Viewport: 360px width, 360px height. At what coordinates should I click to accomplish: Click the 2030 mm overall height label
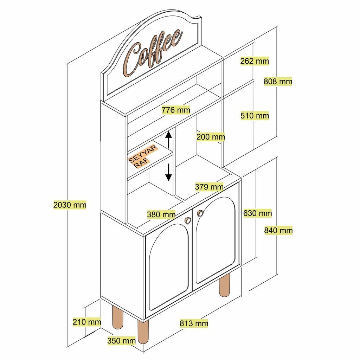(x=70, y=204)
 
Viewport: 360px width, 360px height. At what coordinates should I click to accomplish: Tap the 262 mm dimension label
(x=255, y=61)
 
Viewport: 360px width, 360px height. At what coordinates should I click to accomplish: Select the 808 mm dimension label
(x=278, y=82)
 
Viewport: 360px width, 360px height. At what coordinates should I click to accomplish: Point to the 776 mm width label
(x=176, y=110)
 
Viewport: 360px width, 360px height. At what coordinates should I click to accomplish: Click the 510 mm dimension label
(x=255, y=116)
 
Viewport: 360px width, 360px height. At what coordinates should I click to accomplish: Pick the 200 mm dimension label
(x=211, y=137)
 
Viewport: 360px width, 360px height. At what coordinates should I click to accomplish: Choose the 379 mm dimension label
(x=209, y=186)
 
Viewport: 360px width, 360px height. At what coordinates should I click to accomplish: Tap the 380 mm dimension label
(x=161, y=214)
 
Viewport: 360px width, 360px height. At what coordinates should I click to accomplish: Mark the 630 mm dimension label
(x=257, y=213)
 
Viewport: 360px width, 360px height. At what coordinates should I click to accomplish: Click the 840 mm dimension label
(x=278, y=230)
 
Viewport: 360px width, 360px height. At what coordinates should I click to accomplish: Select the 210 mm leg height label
(x=87, y=321)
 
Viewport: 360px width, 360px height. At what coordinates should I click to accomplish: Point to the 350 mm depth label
(x=121, y=340)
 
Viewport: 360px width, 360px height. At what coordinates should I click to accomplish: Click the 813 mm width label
(x=194, y=323)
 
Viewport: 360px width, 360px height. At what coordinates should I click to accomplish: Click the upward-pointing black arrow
(x=169, y=139)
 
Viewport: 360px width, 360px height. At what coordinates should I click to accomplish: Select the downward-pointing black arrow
(x=169, y=172)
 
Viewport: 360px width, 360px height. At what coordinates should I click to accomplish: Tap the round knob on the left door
(x=188, y=220)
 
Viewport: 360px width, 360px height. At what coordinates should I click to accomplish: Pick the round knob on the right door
(x=200, y=213)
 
